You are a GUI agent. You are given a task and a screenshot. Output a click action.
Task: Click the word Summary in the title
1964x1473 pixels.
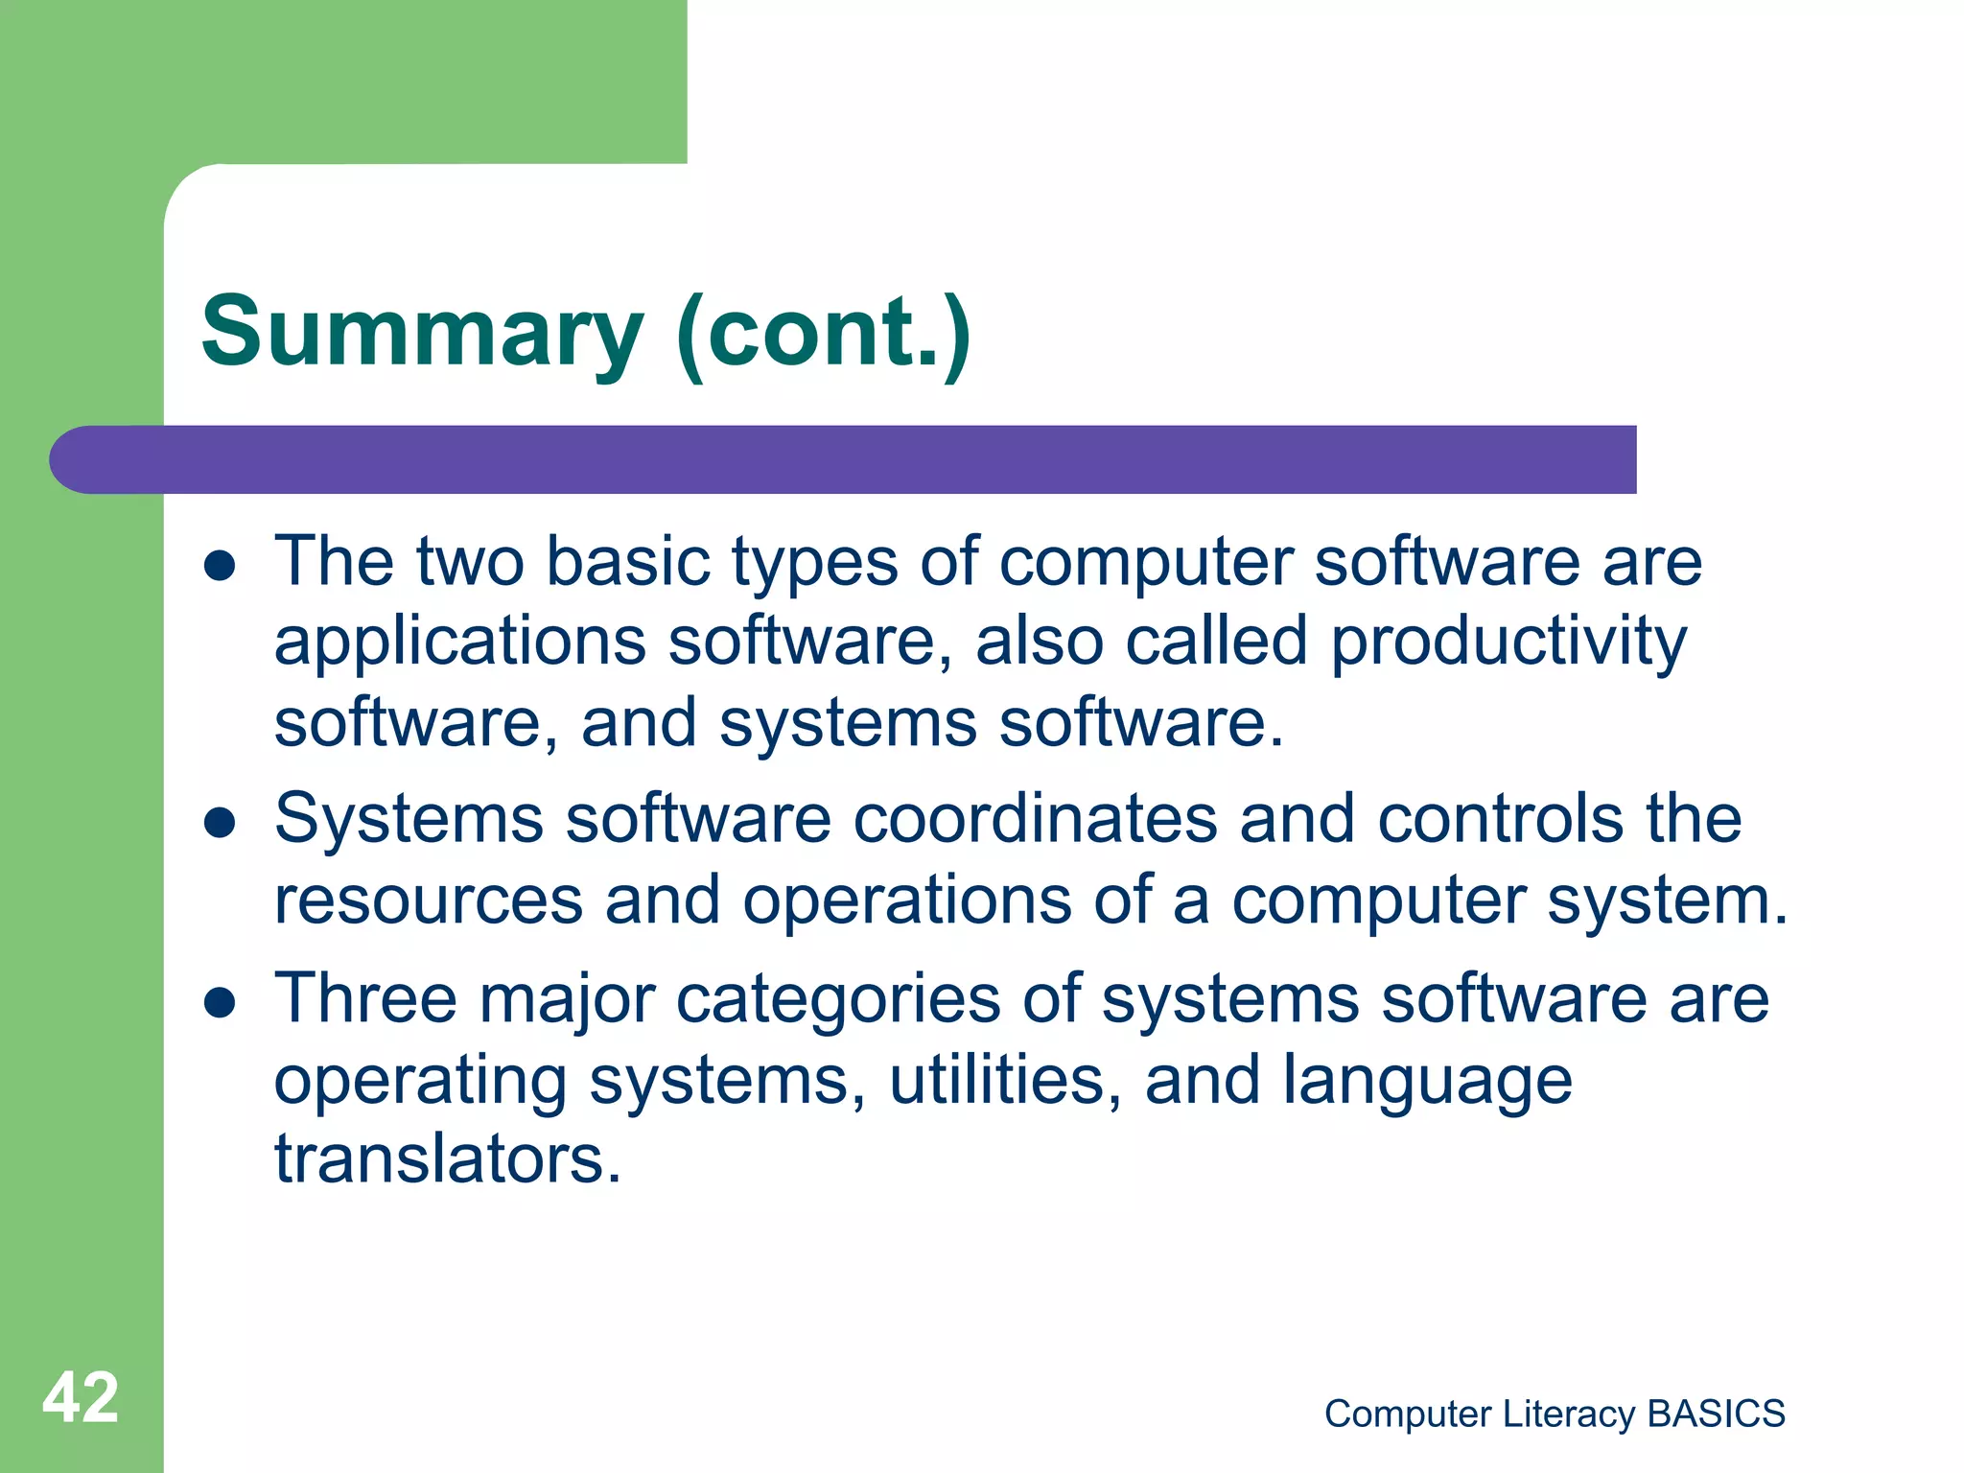tap(422, 333)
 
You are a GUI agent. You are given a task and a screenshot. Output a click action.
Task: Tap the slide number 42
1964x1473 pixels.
tap(81, 1398)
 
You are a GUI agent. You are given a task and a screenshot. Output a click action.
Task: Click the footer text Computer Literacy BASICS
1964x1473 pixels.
tap(1554, 1414)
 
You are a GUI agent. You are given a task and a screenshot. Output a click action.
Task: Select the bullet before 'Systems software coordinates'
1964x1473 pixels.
tap(220, 823)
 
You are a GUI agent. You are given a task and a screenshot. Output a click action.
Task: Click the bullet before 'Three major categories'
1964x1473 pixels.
tap(220, 1003)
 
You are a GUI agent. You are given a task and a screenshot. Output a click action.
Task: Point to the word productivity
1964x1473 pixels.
tap(1508, 643)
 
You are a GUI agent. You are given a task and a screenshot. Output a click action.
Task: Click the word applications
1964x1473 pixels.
tap(460, 643)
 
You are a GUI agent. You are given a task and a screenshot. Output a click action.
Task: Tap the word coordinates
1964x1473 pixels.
tap(1035, 819)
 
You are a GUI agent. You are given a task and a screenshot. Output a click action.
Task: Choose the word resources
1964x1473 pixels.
tap(429, 901)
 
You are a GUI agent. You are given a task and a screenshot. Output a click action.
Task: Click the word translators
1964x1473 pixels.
tap(448, 1159)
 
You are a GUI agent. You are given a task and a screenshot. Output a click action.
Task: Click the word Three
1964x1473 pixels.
tap(366, 999)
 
